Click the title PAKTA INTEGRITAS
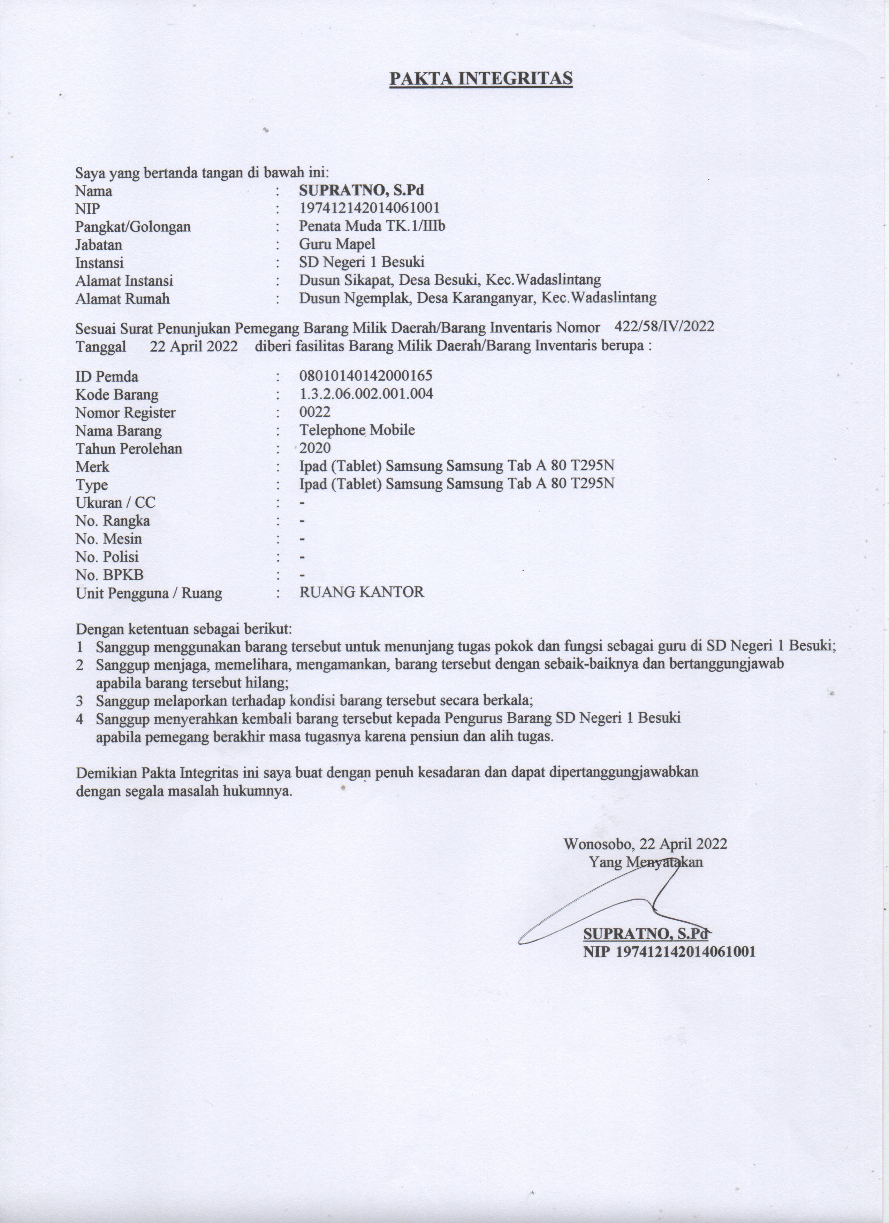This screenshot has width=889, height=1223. [481, 79]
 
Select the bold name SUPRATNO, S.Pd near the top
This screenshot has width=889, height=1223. [362, 190]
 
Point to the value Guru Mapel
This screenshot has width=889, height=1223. [337, 244]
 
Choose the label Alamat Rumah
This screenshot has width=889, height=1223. [122, 299]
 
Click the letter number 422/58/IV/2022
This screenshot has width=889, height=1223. [664, 326]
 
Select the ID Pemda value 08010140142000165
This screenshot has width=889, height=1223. [366, 376]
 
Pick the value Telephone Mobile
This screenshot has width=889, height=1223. [357, 430]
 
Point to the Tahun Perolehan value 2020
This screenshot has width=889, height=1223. [315, 448]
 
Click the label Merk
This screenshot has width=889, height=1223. [92, 467]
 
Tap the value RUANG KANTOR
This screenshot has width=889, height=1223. [362, 593]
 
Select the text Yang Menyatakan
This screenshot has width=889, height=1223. [646, 862]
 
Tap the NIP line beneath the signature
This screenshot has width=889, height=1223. [669, 952]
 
